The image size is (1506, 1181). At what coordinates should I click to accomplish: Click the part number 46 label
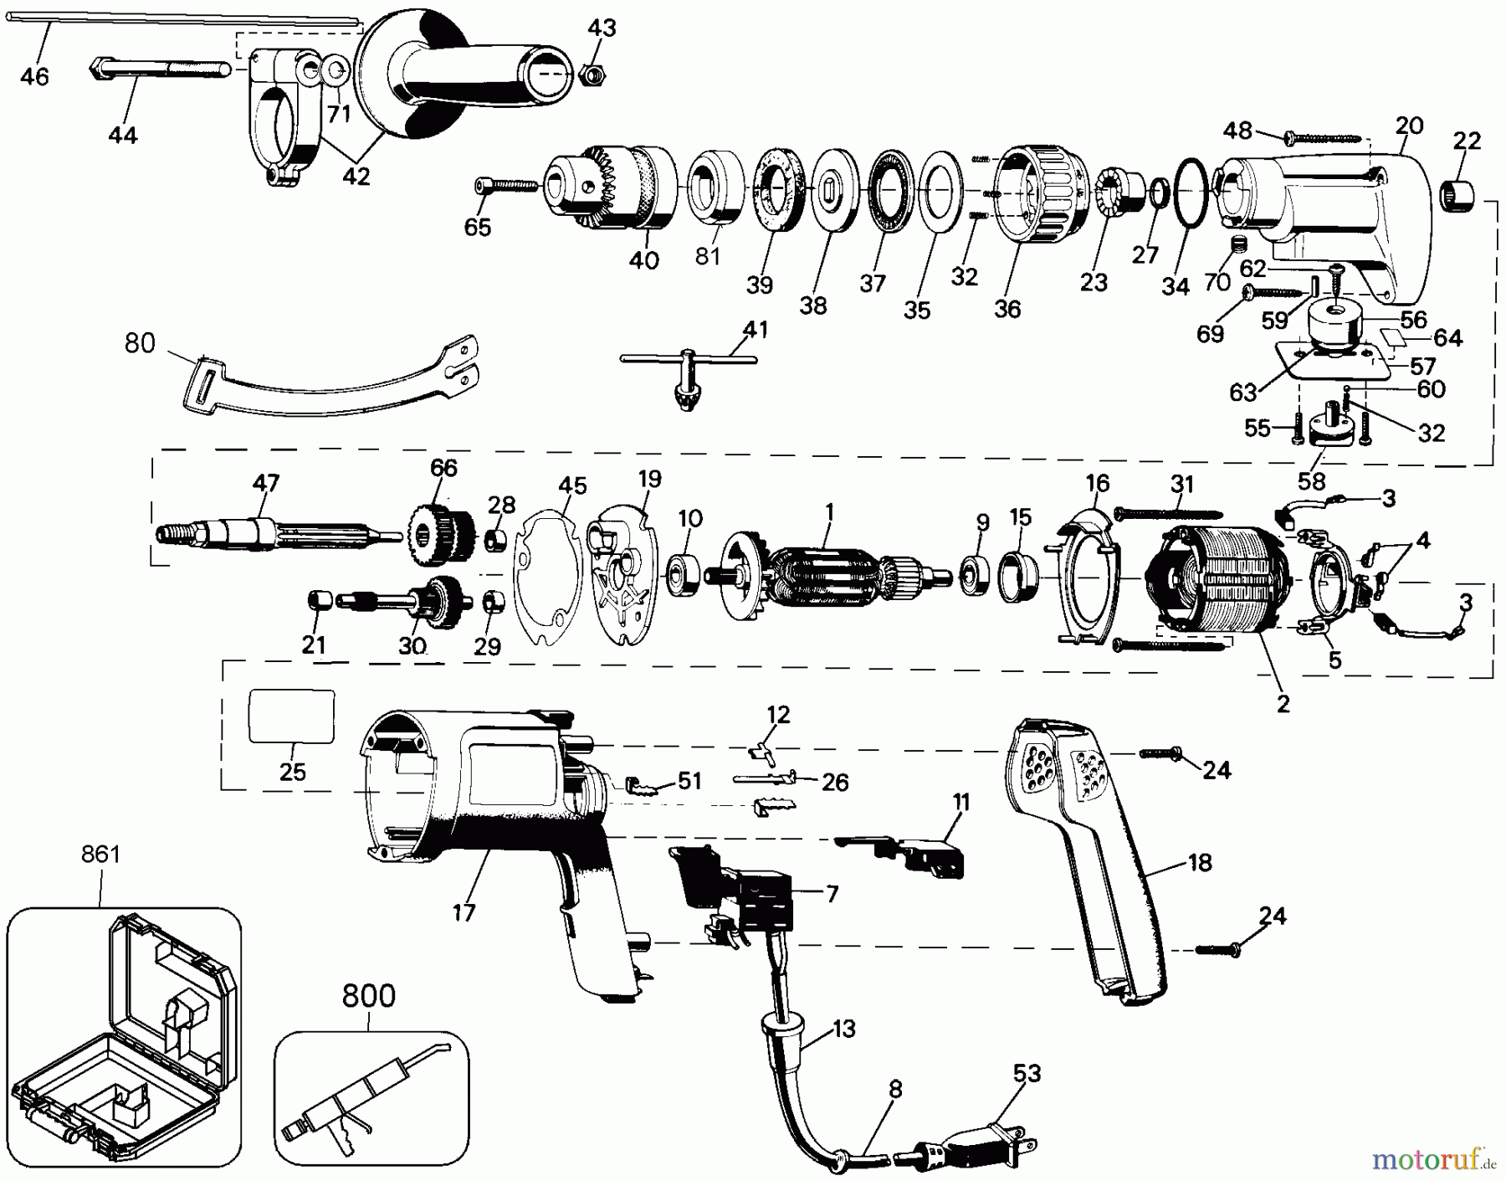coord(34,77)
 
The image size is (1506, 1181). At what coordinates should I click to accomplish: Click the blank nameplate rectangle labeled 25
coord(292,716)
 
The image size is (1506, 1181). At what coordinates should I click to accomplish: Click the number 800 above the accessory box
coord(368,996)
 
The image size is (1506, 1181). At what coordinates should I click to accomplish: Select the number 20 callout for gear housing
coord(1409,126)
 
